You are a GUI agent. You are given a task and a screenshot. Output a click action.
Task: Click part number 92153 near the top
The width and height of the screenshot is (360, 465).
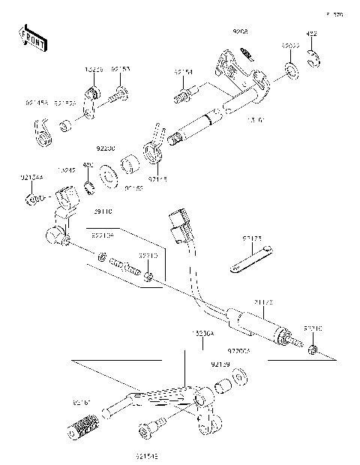pyautogui.click(x=120, y=68)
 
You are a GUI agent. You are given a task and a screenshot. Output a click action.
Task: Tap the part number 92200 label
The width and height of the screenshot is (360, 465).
pyautogui.click(x=106, y=148)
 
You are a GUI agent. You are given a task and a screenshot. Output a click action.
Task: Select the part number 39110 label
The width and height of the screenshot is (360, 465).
pyautogui.click(x=103, y=212)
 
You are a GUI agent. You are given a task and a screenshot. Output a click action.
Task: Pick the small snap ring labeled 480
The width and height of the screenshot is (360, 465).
pyautogui.click(x=88, y=186)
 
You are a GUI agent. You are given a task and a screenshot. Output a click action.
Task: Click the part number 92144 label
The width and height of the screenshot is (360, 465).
pyautogui.click(x=31, y=178)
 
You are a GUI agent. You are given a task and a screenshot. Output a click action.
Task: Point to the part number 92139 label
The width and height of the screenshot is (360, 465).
pyautogui.click(x=220, y=364)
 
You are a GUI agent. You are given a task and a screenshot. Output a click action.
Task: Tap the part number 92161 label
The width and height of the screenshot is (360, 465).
pyautogui.click(x=82, y=403)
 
